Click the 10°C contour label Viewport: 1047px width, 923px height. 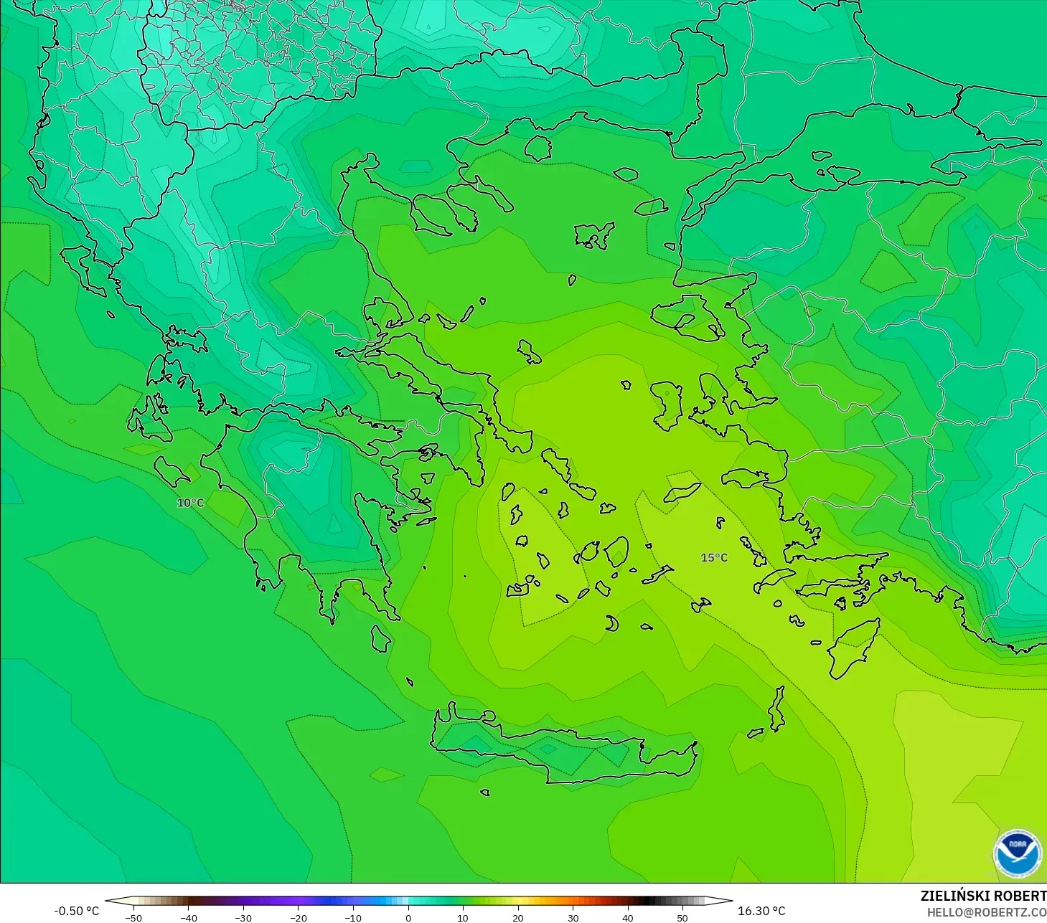pos(191,503)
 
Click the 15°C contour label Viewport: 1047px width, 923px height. pos(714,558)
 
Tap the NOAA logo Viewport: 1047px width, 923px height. pos(1017,853)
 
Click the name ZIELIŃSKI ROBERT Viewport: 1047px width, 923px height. pos(983,896)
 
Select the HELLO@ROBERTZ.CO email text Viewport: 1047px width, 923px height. pos(986,912)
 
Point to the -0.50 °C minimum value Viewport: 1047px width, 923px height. pos(76,911)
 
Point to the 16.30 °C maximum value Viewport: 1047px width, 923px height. pos(761,911)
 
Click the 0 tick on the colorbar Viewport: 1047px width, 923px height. pos(408,917)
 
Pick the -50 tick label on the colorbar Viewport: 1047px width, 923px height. pos(133,917)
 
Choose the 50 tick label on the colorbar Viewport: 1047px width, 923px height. pos(682,917)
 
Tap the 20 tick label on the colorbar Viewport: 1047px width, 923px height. pos(517,917)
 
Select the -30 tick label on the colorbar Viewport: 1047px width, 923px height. pos(243,917)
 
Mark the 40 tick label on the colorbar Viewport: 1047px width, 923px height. pos(627,917)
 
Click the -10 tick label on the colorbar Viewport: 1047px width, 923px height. pos(353,917)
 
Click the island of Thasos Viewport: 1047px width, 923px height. pos(537,148)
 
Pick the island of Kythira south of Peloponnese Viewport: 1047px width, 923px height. pos(380,638)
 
